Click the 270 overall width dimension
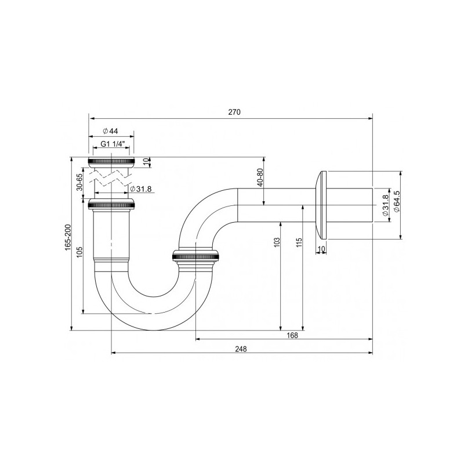(234, 113)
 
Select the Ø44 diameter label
(110, 131)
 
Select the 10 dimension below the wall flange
(321, 249)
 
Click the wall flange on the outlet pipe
(321, 204)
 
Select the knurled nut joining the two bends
(196, 255)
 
